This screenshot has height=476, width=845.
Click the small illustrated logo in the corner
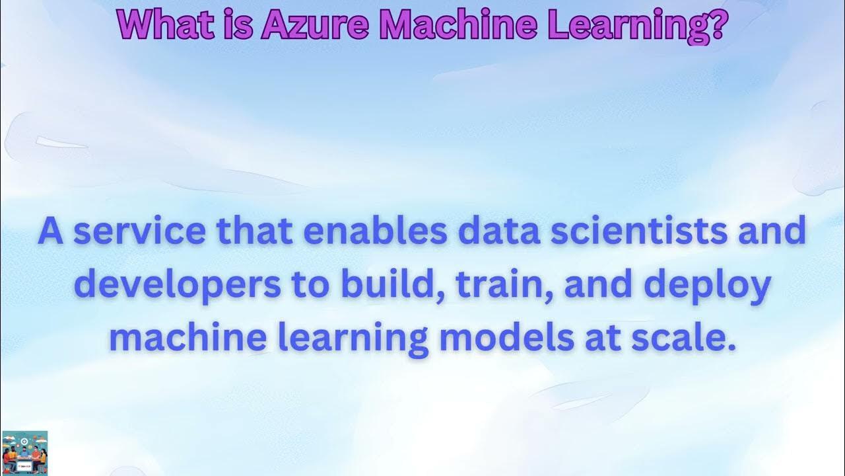[x=24, y=453]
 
